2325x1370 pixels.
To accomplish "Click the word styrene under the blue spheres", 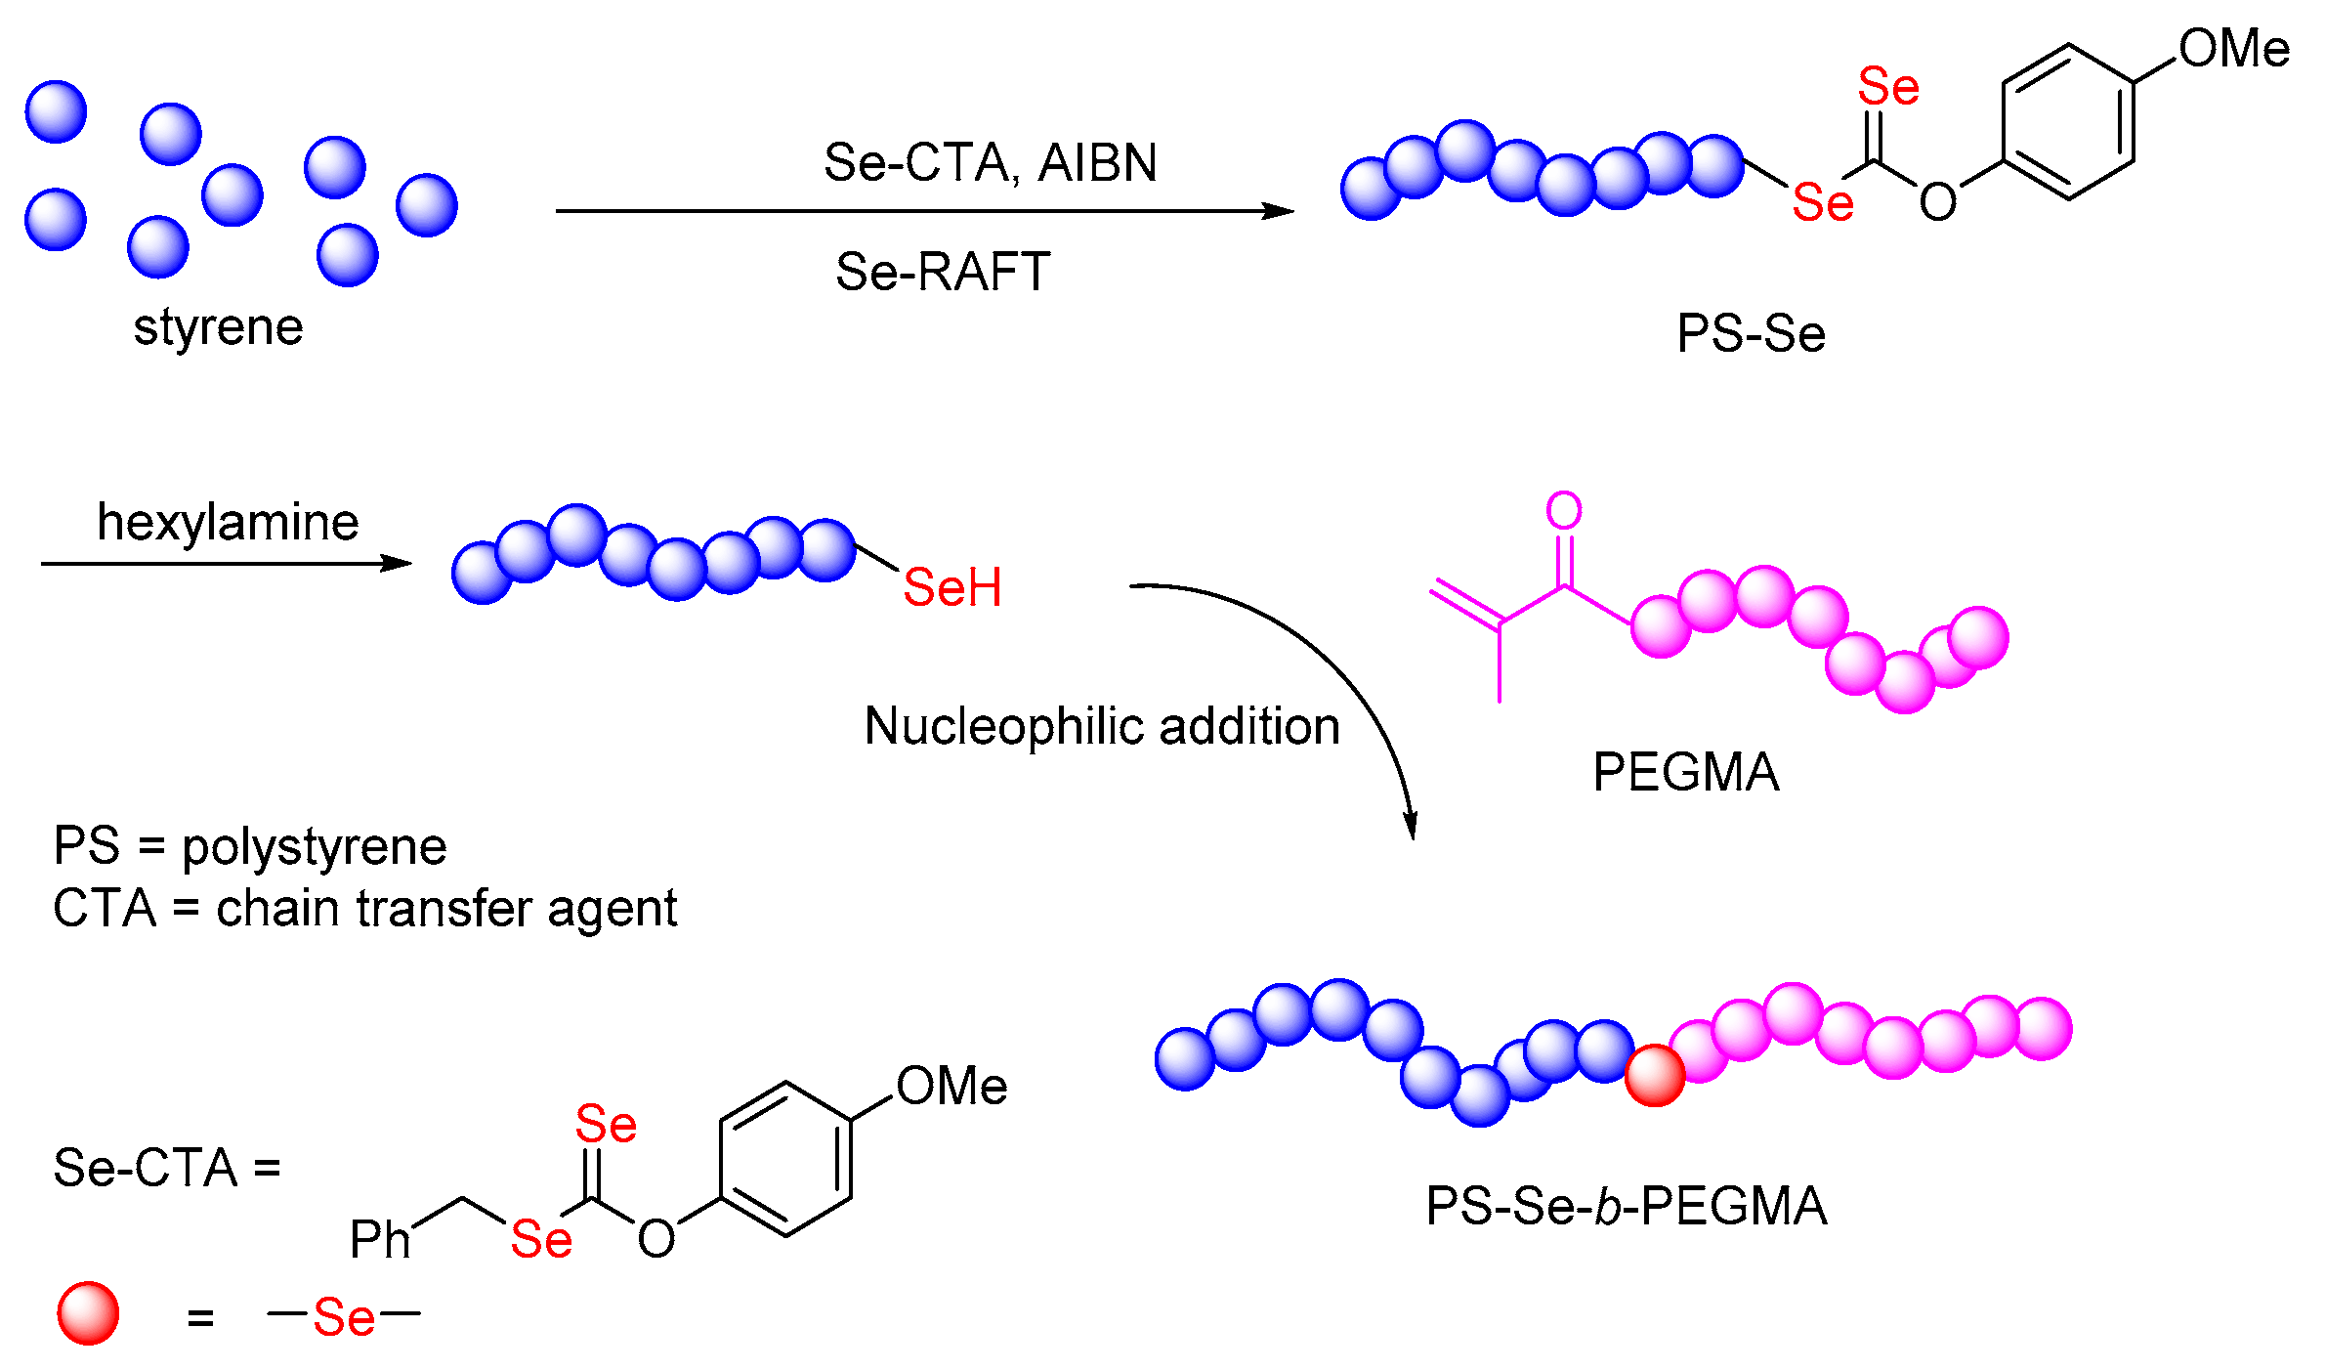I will point(218,327).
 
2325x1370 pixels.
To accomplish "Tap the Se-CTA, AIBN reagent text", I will point(990,163).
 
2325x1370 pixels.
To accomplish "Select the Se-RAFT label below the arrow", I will point(942,272).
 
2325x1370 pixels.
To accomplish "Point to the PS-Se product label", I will point(1751,334).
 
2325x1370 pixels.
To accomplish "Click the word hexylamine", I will point(228,523).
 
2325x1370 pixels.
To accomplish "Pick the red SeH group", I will point(951,587).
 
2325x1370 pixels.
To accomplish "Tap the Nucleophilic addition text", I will point(1102,726).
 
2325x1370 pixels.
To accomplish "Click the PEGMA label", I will point(1685,773).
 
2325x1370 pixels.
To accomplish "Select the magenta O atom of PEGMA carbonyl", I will point(1564,510).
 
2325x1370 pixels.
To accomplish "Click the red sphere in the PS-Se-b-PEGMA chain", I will point(1655,1075).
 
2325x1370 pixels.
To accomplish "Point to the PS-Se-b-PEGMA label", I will point(1626,1206).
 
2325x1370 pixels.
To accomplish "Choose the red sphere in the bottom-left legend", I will point(88,1313).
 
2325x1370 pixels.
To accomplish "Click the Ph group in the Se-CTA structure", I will point(380,1240).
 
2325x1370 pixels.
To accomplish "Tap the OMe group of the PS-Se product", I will point(2234,48).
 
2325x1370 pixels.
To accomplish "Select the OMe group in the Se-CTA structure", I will point(951,1086).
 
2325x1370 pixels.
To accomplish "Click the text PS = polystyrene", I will point(250,846).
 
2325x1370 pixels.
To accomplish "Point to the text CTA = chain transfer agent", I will point(364,909).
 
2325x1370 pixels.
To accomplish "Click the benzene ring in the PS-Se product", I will point(2067,122).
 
